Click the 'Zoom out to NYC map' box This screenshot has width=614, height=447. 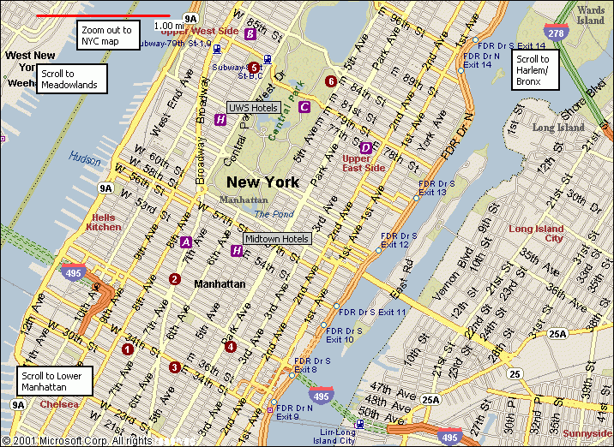point(107,35)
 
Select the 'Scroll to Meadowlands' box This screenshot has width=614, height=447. point(72,79)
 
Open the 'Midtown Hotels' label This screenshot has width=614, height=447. point(277,238)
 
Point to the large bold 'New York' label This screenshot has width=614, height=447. point(262,182)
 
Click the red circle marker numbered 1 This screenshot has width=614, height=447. point(128,349)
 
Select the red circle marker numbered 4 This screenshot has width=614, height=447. point(230,346)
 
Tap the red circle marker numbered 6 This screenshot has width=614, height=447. point(331,81)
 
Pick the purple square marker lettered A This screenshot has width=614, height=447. point(186,241)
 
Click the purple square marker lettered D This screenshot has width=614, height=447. point(366,147)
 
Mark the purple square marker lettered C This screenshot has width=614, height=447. point(304,107)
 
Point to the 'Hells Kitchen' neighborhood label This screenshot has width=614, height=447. point(104,223)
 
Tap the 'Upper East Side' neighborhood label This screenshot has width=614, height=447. point(364,163)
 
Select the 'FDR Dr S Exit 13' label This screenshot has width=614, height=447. point(433,188)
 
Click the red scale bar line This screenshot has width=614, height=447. point(103,15)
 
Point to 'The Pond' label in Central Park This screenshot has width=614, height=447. point(273,214)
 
